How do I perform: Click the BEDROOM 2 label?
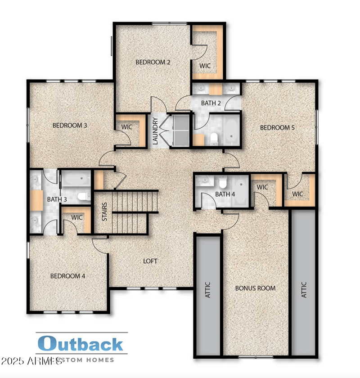click(153, 63)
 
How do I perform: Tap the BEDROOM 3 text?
click(70, 126)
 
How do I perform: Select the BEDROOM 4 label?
click(67, 276)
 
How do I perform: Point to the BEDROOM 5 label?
click(277, 128)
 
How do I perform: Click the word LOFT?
click(150, 261)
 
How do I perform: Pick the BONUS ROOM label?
click(256, 288)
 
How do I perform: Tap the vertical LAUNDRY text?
click(155, 131)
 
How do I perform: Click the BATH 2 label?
click(211, 103)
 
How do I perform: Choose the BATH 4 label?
click(225, 194)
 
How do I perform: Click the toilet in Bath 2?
click(214, 139)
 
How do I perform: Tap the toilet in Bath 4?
click(222, 183)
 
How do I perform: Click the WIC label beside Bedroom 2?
click(205, 66)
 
